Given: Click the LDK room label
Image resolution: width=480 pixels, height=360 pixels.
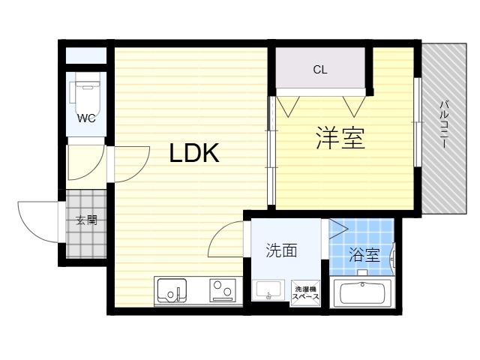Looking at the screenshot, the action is pos(194,153).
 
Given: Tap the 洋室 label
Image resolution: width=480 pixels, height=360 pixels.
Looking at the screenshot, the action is pos(340,138).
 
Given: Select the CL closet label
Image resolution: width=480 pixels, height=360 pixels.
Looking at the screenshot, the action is pos(320,70).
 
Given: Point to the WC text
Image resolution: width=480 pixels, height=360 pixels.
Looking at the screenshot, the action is pos(86,118).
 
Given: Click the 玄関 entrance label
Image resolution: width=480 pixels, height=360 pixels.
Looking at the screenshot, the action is pos(87,220).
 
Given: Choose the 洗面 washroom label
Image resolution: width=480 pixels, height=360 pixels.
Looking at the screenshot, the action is pos(281,250).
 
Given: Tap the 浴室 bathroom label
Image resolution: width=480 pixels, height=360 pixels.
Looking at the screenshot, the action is pos(364,255).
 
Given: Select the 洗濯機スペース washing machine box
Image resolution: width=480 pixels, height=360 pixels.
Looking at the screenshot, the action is pos(305,293).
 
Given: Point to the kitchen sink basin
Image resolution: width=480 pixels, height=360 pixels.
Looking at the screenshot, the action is pos(172,290).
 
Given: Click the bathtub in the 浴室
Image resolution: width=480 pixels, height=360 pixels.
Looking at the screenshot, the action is pos(362,293).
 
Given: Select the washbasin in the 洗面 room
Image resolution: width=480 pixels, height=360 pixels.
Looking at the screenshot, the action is pos(268,290).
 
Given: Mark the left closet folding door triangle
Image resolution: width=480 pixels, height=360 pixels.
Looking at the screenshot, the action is pos(288,106).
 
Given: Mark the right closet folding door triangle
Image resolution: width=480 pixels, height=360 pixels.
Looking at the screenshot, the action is pos(354,106).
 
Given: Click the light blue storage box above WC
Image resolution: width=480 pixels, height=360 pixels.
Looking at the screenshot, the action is pos(86,55).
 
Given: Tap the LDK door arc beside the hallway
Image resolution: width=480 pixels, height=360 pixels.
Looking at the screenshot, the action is pos(139,172).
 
